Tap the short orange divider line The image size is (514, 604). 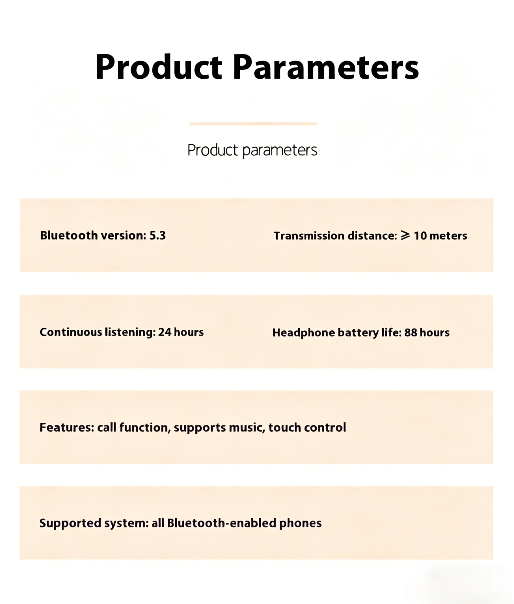coord(253,124)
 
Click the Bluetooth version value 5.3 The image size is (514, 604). coord(157,235)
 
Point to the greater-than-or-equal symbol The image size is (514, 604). coord(405,235)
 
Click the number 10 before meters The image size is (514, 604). coord(420,236)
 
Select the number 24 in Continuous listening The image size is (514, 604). coord(165,332)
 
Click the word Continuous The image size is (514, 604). coord(71,332)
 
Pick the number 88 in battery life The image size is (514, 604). coord(411,332)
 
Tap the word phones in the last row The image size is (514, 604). coord(300,523)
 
